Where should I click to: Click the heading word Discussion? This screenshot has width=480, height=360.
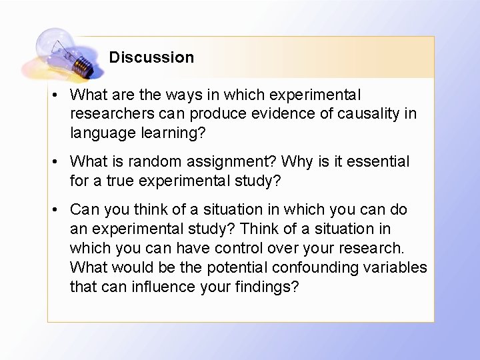tap(151, 57)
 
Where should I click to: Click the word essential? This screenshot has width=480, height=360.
tap(379, 162)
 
